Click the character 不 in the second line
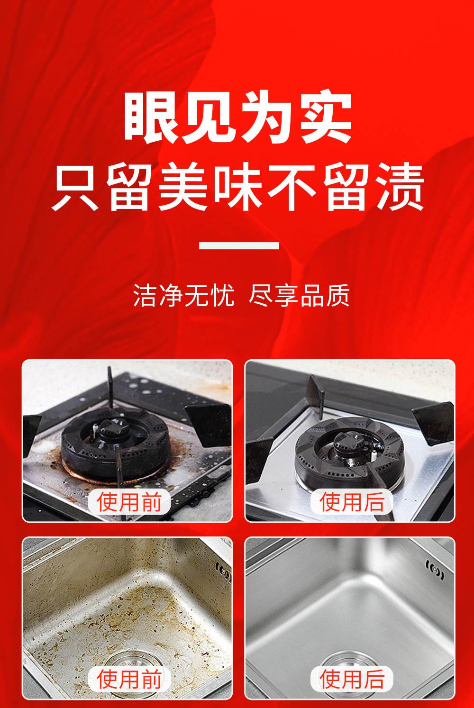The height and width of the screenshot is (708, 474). (x=292, y=187)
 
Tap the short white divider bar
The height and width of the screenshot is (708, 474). (x=239, y=245)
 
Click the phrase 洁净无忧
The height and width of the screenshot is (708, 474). (x=184, y=295)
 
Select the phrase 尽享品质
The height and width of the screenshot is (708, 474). (x=299, y=295)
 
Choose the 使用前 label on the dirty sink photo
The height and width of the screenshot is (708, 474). (x=129, y=679)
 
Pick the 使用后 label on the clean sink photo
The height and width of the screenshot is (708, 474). (x=352, y=679)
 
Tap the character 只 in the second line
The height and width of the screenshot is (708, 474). (x=75, y=187)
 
